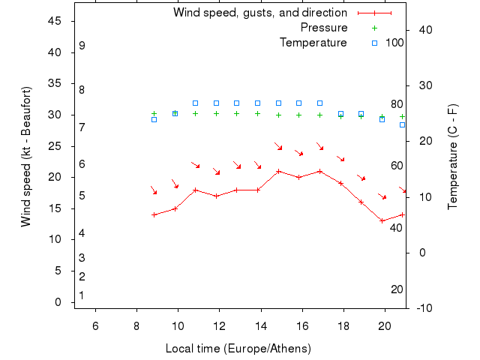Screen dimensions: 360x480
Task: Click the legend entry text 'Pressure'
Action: pos(323,28)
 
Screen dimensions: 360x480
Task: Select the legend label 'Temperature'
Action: pos(313,43)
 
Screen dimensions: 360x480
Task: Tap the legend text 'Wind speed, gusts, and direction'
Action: pos(259,13)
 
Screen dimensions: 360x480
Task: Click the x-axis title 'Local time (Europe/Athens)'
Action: pos(238,349)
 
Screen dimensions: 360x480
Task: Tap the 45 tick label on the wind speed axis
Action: pos(54,21)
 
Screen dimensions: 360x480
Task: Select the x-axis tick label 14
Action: pos(261,325)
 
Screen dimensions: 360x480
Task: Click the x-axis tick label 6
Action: pos(95,325)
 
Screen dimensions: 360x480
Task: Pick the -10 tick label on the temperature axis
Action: pos(424,307)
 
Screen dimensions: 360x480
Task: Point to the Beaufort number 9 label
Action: pos(82,46)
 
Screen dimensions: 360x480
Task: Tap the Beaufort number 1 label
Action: pos(82,295)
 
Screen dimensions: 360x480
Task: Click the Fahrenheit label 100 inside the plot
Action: pos(394,43)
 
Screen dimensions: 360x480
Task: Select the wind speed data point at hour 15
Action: pos(278,171)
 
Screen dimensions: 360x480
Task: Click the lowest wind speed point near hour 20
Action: pos(382,220)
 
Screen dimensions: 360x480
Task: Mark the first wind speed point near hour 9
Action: pos(154,214)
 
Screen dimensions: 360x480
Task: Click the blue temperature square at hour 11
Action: pos(195,103)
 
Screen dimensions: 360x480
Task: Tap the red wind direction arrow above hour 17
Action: pos(319,145)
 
